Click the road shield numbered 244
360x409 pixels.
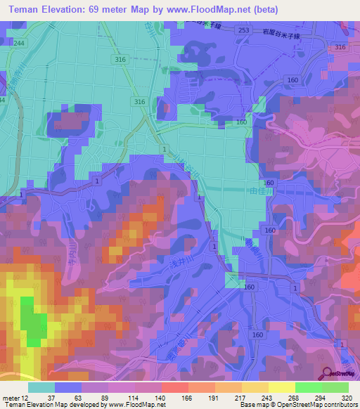(x=18, y=43)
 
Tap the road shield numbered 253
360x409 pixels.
(x=243, y=31)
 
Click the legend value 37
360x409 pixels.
(x=51, y=397)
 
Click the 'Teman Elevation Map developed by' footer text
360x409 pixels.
(x=53, y=405)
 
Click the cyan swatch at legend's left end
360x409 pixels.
(x=41, y=387)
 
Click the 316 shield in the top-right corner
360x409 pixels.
(x=340, y=46)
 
